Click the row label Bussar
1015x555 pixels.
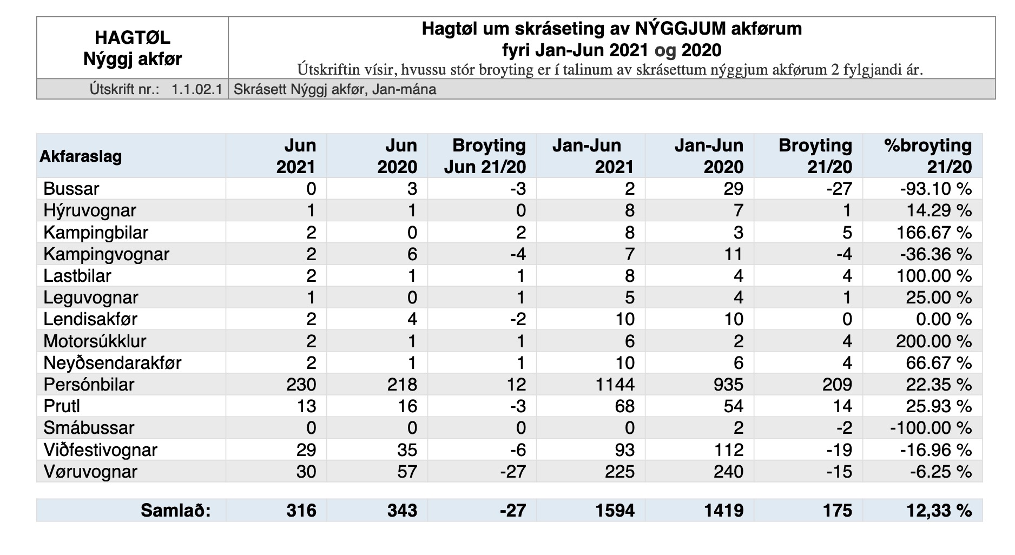click(x=71, y=189)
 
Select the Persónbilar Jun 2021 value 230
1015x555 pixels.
click(x=301, y=385)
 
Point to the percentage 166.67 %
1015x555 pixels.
click(x=934, y=233)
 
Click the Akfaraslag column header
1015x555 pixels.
click(x=81, y=157)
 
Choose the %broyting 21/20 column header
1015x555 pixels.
click(x=928, y=156)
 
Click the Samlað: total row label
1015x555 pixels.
click(x=176, y=511)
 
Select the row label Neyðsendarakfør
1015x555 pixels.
click(x=113, y=363)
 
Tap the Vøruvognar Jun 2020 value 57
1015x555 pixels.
click(x=406, y=472)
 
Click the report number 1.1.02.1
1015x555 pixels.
click(x=197, y=89)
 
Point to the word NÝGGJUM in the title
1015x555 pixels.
click(x=680, y=28)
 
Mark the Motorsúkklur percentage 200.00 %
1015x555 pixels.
click(x=934, y=341)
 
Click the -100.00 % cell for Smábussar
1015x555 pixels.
click(x=931, y=428)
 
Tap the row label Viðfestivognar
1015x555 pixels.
click(x=101, y=450)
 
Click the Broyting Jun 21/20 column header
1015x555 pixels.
click(x=485, y=156)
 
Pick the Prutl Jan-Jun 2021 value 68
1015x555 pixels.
click(x=625, y=406)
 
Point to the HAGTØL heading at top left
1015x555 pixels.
click(x=133, y=37)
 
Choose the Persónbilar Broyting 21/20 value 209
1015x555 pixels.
click(x=837, y=385)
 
